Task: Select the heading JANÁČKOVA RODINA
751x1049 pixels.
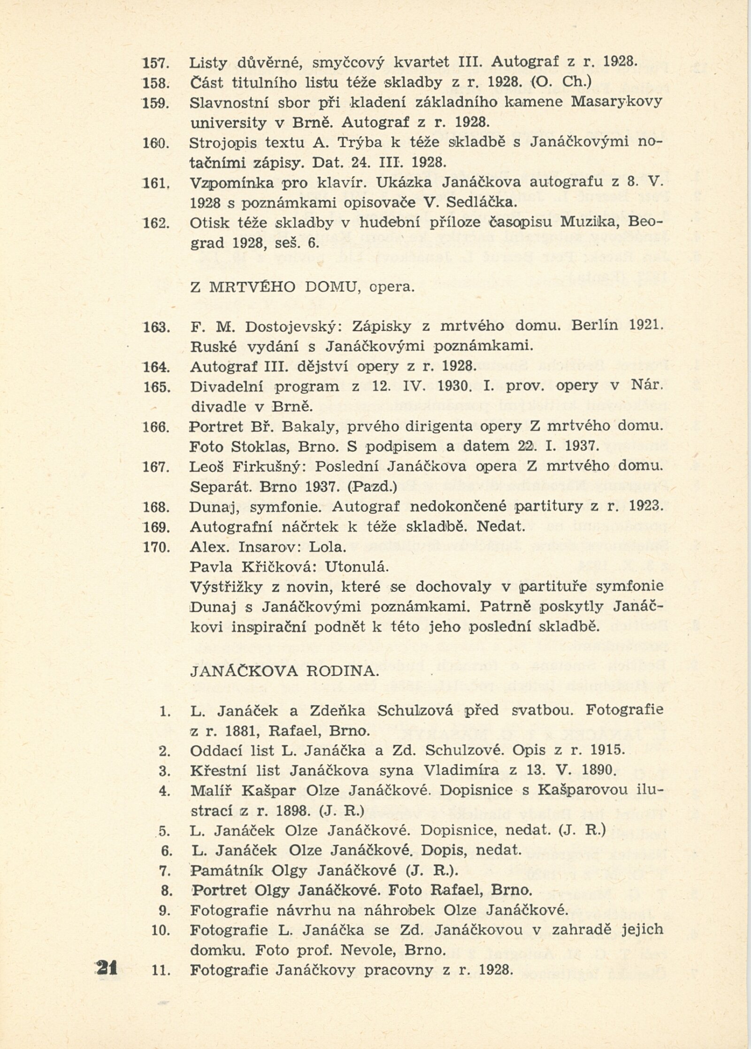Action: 284,671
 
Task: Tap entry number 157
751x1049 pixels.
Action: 156,62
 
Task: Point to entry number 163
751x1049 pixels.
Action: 156,327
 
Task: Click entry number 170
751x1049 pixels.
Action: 156,547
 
